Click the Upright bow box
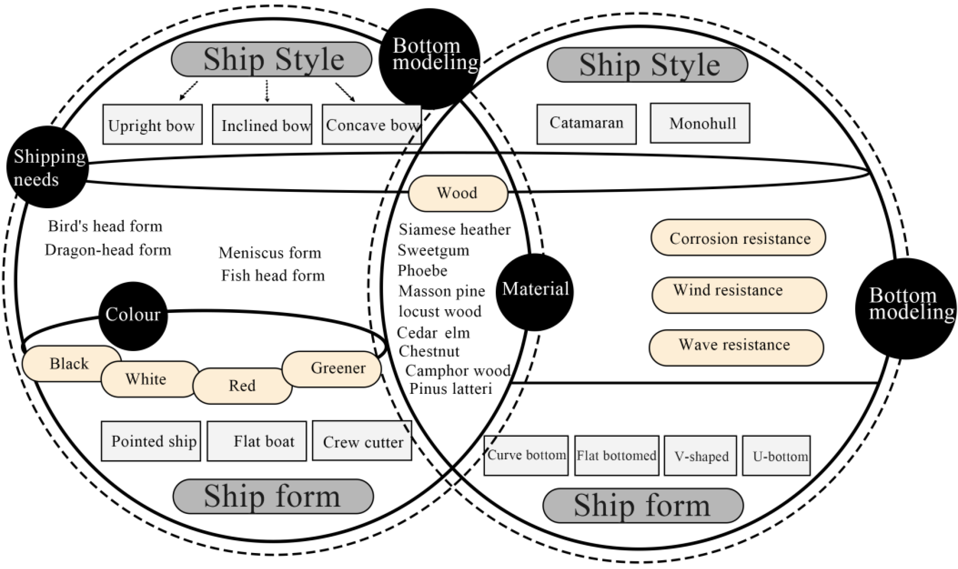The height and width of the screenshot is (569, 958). [152, 124]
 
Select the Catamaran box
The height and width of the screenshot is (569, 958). [586, 124]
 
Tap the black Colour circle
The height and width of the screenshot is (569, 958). [133, 316]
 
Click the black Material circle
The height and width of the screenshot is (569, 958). [535, 291]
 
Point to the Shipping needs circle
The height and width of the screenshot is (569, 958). [48, 167]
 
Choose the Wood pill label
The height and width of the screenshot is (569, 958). [458, 193]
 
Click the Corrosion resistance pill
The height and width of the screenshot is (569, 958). [738, 238]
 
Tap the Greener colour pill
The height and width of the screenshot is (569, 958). [332, 369]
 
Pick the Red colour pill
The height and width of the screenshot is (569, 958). [242, 386]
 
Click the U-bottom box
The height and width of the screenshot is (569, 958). [776, 456]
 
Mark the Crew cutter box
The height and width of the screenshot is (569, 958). [362, 441]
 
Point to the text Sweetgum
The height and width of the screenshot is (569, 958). [433, 251]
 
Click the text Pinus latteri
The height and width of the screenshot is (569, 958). [451, 389]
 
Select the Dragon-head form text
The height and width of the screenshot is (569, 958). [108, 250]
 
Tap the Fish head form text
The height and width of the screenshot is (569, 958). [273, 275]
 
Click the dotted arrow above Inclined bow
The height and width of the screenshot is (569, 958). [267, 91]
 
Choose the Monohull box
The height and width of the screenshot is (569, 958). [700, 123]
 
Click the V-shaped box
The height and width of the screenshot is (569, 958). [700, 456]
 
